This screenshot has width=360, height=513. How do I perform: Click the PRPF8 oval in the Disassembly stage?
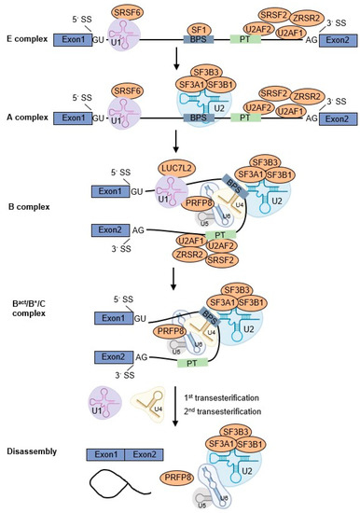point(184,476)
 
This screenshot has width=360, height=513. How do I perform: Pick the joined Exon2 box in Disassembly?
point(139,455)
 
